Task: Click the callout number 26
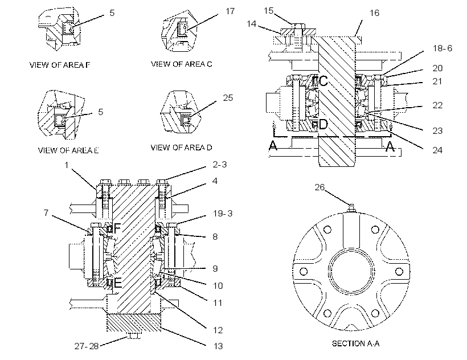pos(319,187)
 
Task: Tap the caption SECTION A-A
pos(355,343)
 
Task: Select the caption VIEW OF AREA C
pos(181,64)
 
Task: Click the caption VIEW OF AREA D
pos(181,148)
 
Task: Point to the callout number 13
pos(218,346)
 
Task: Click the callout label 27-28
pos(87,346)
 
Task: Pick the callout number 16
pos(374,13)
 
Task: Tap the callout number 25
pos(228,97)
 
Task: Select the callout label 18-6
pos(443,48)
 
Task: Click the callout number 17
pos(230,11)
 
